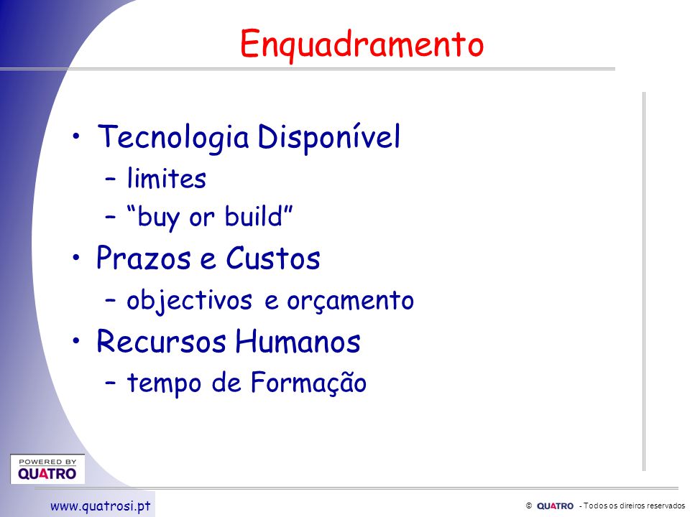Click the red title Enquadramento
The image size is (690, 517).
pyautogui.click(x=362, y=45)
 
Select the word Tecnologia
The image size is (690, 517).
pyautogui.click(x=173, y=138)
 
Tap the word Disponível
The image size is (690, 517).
pyautogui.click(x=328, y=136)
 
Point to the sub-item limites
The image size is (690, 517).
pyautogui.click(x=166, y=179)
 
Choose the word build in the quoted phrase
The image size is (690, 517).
pyautogui.click(x=253, y=216)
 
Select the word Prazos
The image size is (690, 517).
pyautogui.click(x=144, y=258)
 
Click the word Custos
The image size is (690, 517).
pyautogui.click(x=273, y=258)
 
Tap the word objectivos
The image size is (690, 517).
pyautogui.click(x=189, y=301)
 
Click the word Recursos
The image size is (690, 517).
pyautogui.click(x=162, y=341)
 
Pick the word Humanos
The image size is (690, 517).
pyautogui.click(x=298, y=341)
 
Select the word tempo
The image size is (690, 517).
pyautogui.click(x=164, y=383)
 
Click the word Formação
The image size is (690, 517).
pyautogui.click(x=308, y=383)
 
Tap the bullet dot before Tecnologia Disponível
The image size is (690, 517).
pyautogui.click(x=77, y=136)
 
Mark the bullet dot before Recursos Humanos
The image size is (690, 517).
pyautogui.click(x=77, y=340)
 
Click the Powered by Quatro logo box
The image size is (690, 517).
pyautogui.click(x=47, y=469)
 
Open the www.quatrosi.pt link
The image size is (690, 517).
pyautogui.click(x=101, y=506)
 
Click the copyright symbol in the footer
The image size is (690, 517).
pyautogui.click(x=529, y=506)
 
